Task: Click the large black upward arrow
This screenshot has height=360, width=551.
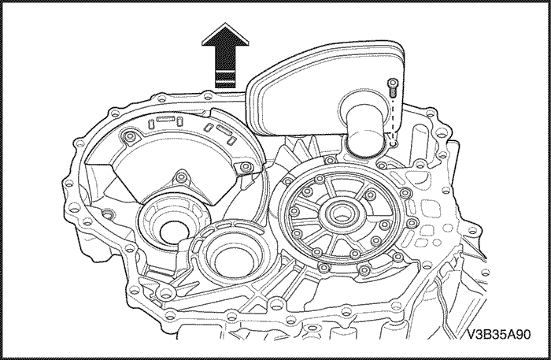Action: click(x=225, y=56)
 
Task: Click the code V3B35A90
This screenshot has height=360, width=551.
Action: click(x=498, y=334)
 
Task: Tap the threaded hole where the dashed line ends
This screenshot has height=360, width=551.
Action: click(x=394, y=143)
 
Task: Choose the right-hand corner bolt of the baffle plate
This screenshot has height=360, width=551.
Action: click(x=246, y=166)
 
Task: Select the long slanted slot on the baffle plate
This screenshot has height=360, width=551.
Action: click(x=223, y=130)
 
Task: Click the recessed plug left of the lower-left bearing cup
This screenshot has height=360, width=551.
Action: click(x=108, y=213)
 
